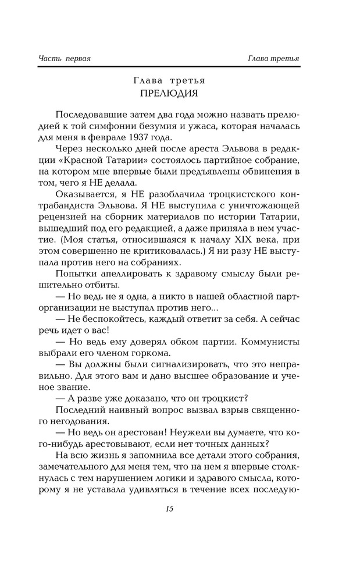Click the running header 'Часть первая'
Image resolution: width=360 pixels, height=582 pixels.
pos(66,58)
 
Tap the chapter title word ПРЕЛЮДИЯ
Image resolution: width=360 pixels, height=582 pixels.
pos(169,93)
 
